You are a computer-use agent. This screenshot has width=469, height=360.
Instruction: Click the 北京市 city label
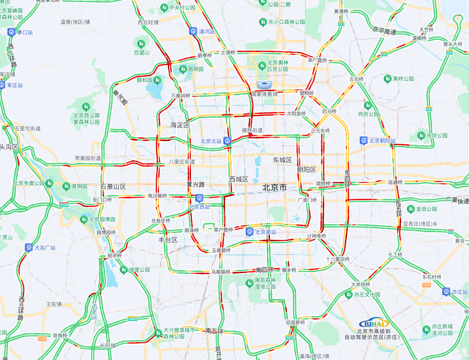(x=274, y=187)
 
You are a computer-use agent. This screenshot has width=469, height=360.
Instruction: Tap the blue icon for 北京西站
(x=199, y=198)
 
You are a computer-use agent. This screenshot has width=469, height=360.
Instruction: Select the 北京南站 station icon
(x=250, y=232)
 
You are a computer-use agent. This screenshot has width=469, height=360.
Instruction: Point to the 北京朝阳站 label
(x=382, y=141)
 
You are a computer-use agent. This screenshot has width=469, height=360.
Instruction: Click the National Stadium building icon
(x=264, y=84)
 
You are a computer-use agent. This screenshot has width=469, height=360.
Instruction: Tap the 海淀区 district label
(x=180, y=125)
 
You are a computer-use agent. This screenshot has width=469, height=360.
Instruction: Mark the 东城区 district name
(x=282, y=160)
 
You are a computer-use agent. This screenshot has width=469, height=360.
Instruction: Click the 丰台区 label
(x=168, y=240)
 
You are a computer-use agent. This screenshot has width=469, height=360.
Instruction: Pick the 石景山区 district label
(x=113, y=187)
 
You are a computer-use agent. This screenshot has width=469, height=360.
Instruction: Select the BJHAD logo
(x=374, y=323)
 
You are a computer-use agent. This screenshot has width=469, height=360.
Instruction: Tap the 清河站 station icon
(x=193, y=31)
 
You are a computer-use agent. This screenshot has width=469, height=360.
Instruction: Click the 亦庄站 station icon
(x=446, y=291)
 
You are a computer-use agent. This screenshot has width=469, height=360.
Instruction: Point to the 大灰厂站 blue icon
(x=29, y=248)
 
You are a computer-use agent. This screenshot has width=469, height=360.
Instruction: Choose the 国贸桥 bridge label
(x=323, y=184)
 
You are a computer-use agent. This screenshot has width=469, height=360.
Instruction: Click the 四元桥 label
(x=329, y=111)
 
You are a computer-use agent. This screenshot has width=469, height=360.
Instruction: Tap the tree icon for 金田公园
(x=410, y=209)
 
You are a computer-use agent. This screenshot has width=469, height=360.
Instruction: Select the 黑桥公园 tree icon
(x=387, y=79)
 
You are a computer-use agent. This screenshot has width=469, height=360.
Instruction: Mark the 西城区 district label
(x=239, y=179)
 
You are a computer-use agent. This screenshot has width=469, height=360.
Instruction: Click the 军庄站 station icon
(x=2, y=85)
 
